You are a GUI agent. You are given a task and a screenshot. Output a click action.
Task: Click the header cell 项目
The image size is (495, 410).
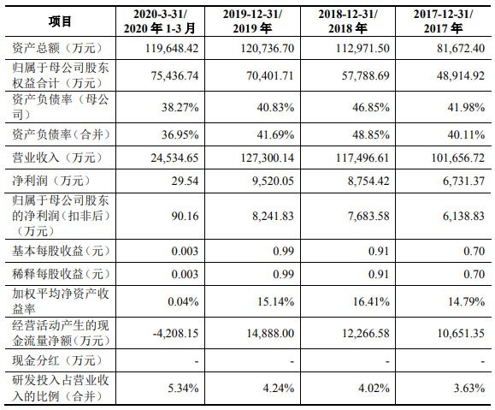(x=60, y=21)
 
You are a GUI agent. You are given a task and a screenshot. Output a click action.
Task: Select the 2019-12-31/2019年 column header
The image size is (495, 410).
(x=252, y=21)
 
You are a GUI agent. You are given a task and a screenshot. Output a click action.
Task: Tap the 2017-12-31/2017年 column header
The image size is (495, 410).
(x=443, y=21)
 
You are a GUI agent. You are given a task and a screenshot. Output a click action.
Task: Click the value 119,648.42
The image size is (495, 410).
(x=172, y=48)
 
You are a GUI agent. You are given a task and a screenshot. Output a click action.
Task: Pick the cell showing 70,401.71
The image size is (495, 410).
(x=270, y=75)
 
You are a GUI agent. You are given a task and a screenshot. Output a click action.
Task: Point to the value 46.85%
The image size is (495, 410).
(x=371, y=107)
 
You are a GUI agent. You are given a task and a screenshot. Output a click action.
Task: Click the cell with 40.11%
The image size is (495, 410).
(x=466, y=134)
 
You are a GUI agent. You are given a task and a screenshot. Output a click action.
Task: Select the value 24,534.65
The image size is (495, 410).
(x=174, y=157)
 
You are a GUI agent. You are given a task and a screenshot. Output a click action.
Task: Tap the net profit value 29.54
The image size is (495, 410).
(x=185, y=181)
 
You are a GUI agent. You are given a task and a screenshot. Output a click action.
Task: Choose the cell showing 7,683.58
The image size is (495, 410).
(x=368, y=216)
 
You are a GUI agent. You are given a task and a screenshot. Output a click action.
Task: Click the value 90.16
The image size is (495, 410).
(x=185, y=216)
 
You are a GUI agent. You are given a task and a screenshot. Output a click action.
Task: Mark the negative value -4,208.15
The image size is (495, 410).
(x=175, y=333)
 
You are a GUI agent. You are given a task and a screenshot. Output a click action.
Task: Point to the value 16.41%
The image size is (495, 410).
(x=371, y=301)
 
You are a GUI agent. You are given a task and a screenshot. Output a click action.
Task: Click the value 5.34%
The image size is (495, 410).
(x=183, y=388)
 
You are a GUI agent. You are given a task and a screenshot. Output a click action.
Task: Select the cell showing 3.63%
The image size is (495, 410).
(x=469, y=388)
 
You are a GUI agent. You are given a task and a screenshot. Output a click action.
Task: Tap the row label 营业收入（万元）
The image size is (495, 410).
(x=57, y=157)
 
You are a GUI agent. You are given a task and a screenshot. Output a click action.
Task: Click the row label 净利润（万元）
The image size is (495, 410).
(x=51, y=181)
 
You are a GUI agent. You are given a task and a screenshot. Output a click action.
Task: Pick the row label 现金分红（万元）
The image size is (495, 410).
(x=57, y=360)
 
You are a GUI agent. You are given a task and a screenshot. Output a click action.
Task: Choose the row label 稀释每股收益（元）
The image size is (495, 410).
(x=61, y=274)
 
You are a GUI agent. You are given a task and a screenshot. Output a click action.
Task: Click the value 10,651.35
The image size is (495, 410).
(x=461, y=333)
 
